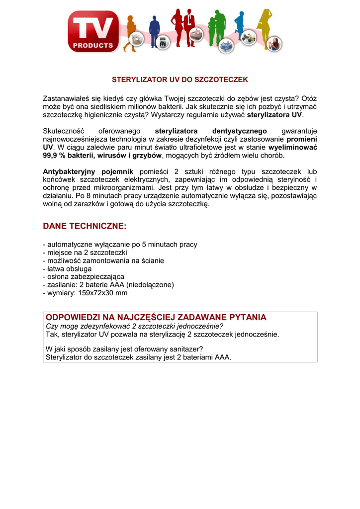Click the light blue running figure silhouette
(240, 25)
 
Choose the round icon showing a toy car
(247, 40)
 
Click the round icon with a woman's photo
(274, 45)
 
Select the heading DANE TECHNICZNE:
(85, 226)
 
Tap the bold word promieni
(302, 139)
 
